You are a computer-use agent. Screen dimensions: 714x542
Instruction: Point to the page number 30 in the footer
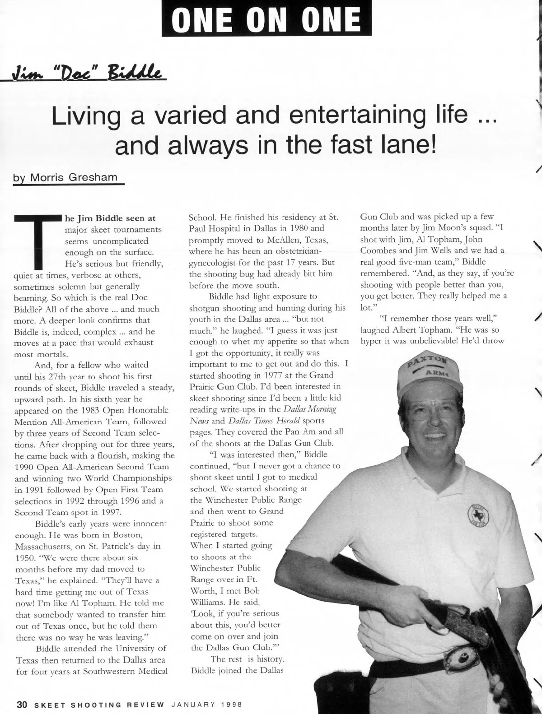(x=23, y=705)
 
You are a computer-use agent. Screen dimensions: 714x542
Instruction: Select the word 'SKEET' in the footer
(x=50, y=705)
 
